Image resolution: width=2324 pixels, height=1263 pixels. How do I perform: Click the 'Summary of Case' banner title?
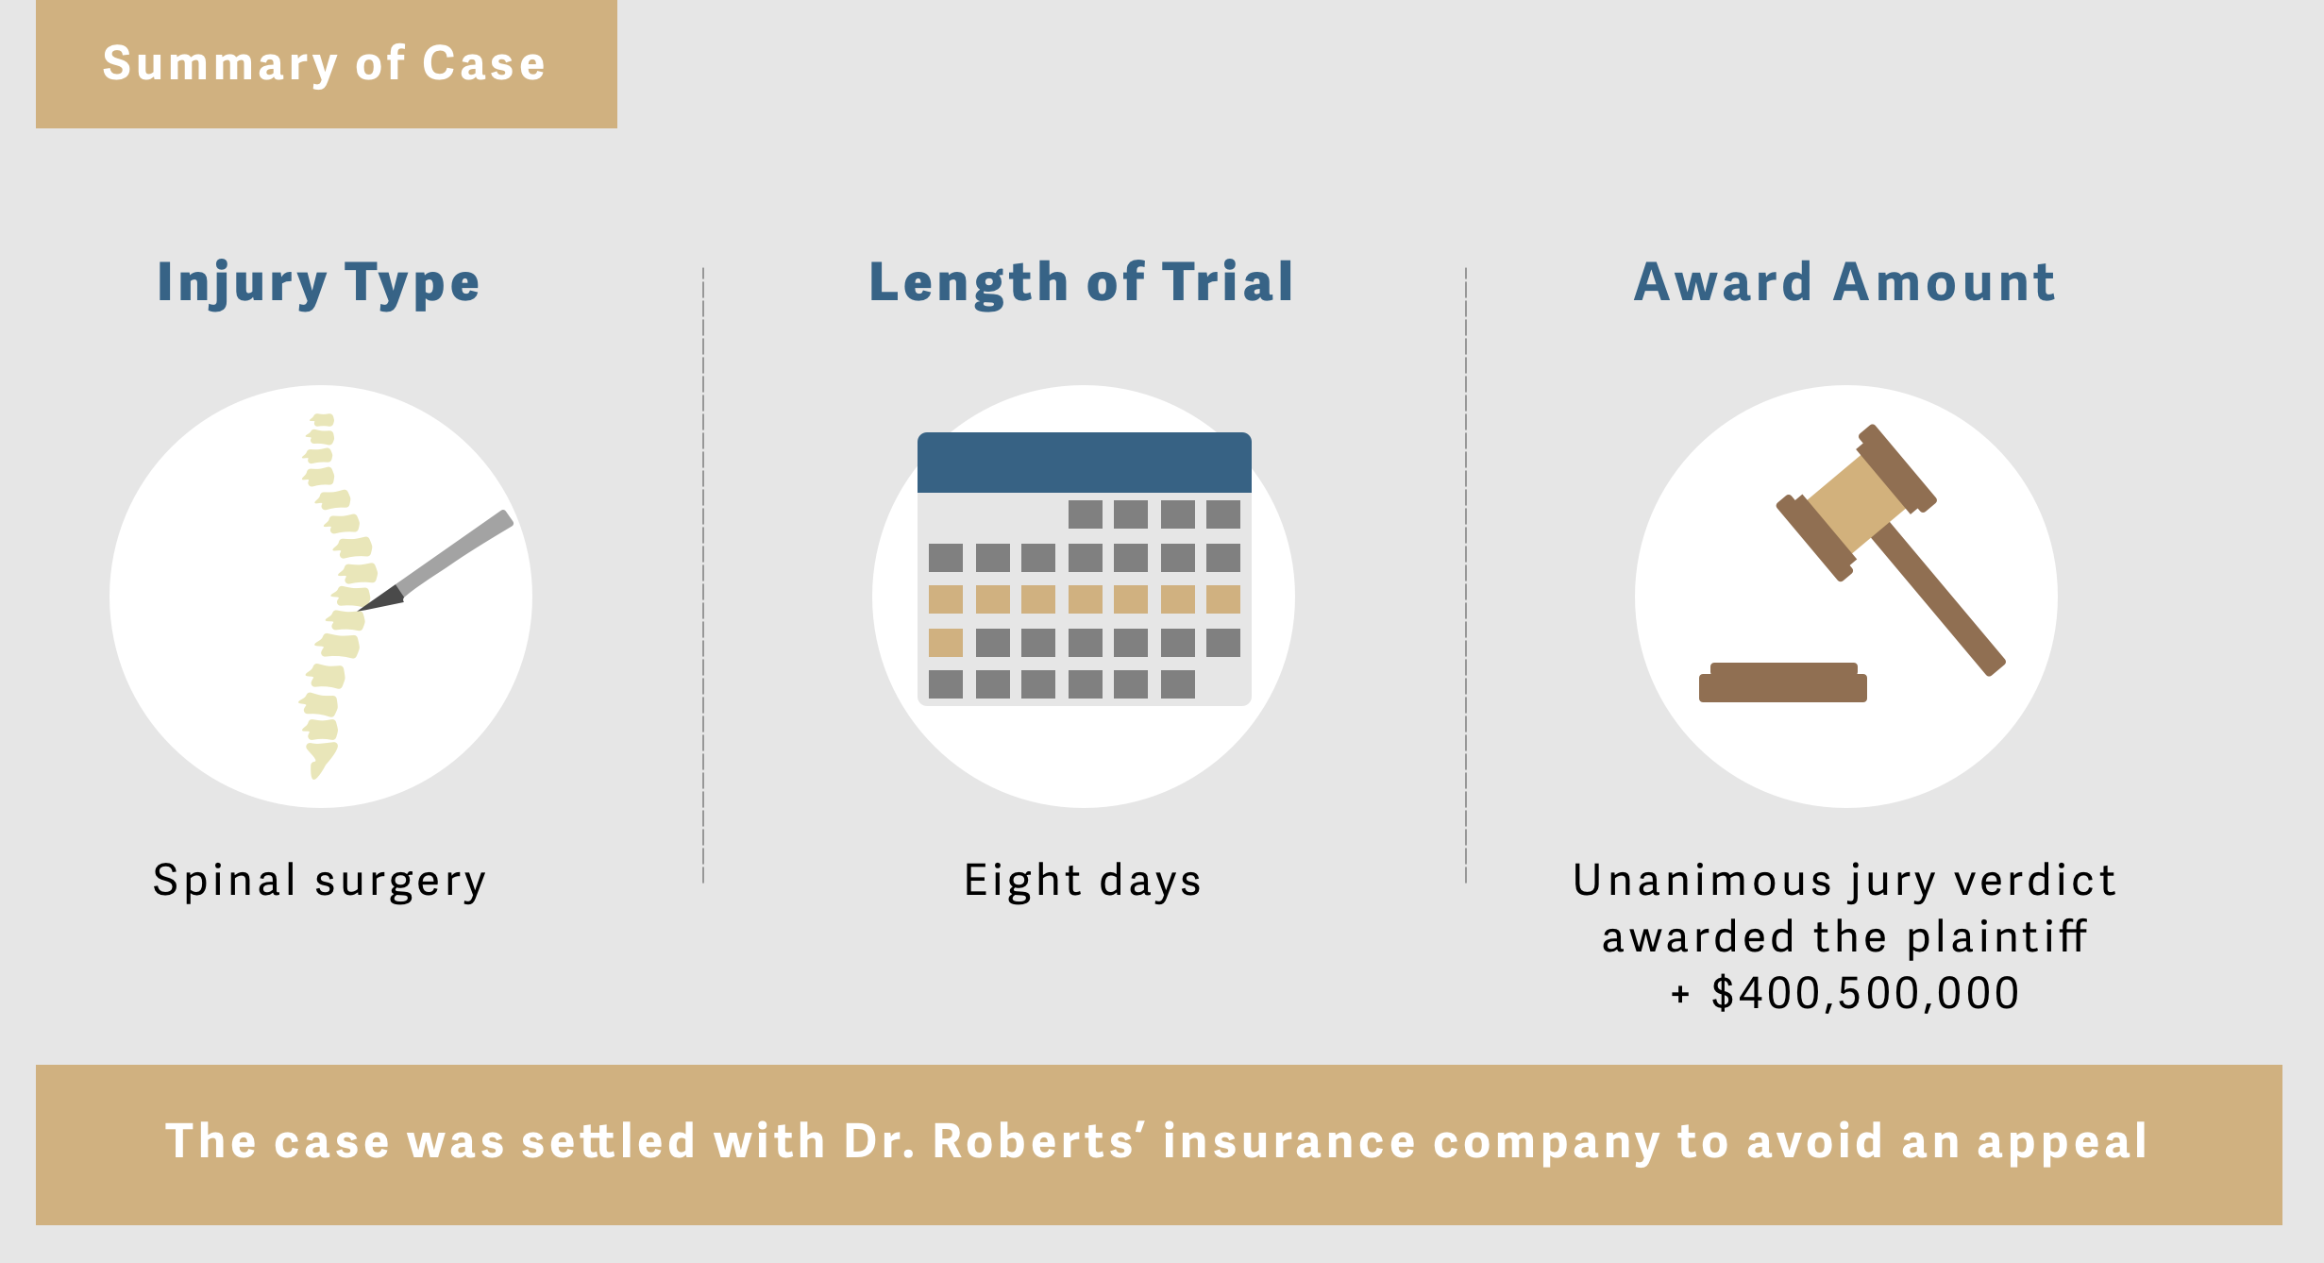click(324, 64)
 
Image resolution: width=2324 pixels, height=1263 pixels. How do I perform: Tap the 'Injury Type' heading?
click(319, 283)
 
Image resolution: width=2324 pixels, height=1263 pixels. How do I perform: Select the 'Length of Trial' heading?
click(1082, 282)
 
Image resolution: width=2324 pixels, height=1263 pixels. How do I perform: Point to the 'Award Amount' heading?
click(1844, 282)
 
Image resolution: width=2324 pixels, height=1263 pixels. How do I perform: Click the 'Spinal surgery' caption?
click(320, 882)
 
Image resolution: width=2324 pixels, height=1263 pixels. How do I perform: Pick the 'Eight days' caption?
click(1083, 882)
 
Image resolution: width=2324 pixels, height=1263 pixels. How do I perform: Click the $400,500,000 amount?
click(1865, 993)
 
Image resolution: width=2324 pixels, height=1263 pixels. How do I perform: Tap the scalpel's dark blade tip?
click(361, 609)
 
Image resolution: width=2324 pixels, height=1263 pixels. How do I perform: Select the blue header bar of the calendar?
click(1085, 463)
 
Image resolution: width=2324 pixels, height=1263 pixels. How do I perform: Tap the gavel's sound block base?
click(1783, 682)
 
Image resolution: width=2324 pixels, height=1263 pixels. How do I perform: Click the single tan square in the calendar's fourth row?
click(946, 643)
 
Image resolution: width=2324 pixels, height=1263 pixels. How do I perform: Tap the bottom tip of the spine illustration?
click(315, 776)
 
